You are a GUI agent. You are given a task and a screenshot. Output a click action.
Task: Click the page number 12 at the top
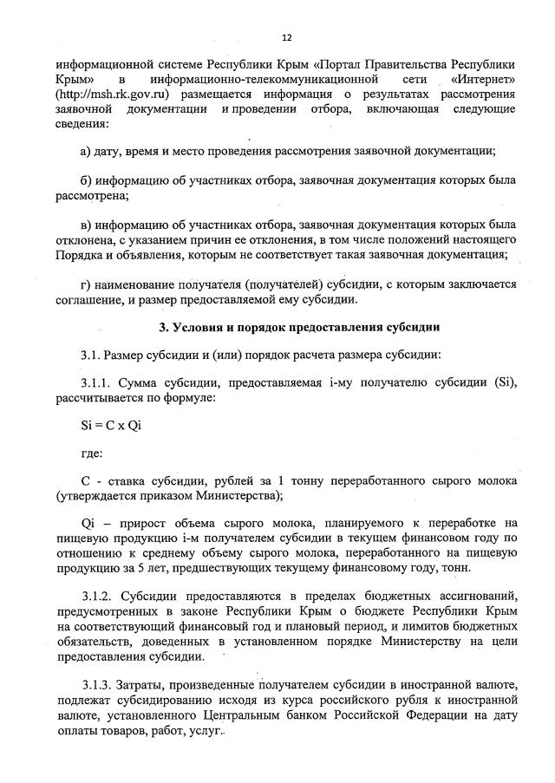click(286, 37)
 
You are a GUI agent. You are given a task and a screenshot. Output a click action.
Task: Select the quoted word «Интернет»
click(478, 78)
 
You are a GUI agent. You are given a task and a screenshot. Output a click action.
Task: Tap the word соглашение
click(91, 299)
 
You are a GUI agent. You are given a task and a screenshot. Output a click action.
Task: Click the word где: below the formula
click(91, 453)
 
